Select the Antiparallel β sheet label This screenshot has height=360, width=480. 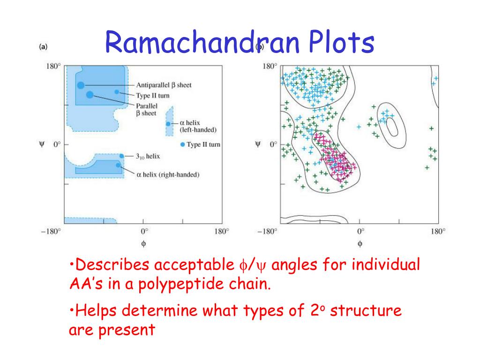click(x=164, y=85)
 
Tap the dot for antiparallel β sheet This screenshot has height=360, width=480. click(x=81, y=85)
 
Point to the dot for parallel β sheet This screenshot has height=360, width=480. click(x=90, y=95)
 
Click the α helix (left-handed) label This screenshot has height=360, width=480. click(x=198, y=126)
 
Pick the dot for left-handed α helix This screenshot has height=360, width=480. click(x=168, y=124)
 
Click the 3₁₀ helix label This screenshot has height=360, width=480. click(x=148, y=156)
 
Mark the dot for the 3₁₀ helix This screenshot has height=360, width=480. click(x=121, y=156)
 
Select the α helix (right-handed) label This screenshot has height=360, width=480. click(x=168, y=174)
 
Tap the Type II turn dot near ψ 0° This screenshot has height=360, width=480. click(x=183, y=144)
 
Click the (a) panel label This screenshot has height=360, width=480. click(x=44, y=46)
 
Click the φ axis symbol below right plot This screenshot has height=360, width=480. click(x=360, y=244)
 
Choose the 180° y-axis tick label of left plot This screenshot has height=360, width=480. click(x=53, y=66)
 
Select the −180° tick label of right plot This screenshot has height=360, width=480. click(x=267, y=231)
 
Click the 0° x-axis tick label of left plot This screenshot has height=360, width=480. click(x=144, y=231)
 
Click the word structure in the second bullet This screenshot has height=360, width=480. click(x=366, y=310)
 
